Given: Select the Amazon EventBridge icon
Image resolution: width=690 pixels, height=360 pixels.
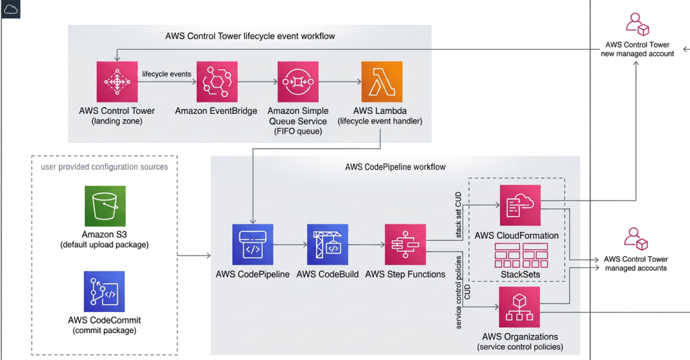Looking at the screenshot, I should (x=216, y=82).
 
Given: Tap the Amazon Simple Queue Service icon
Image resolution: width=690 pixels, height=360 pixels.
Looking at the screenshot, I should (x=297, y=82).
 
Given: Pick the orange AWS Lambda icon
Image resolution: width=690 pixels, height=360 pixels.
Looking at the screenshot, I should (x=381, y=82).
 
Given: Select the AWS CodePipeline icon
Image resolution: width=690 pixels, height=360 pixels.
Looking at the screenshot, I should (x=253, y=245).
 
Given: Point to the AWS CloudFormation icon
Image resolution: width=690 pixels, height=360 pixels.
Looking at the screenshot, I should (x=520, y=205).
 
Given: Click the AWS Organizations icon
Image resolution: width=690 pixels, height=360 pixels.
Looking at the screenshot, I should (x=520, y=307).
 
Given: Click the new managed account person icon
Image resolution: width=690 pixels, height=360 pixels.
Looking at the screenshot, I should (x=637, y=24).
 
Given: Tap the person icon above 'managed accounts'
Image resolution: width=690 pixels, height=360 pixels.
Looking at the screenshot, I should (x=635, y=238).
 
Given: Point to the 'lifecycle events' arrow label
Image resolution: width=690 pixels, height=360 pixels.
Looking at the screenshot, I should (x=166, y=73).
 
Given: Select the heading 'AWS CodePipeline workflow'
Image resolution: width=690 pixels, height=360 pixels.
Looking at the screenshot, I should (x=395, y=167).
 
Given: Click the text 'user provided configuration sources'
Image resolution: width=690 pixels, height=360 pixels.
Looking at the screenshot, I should (x=104, y=167).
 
